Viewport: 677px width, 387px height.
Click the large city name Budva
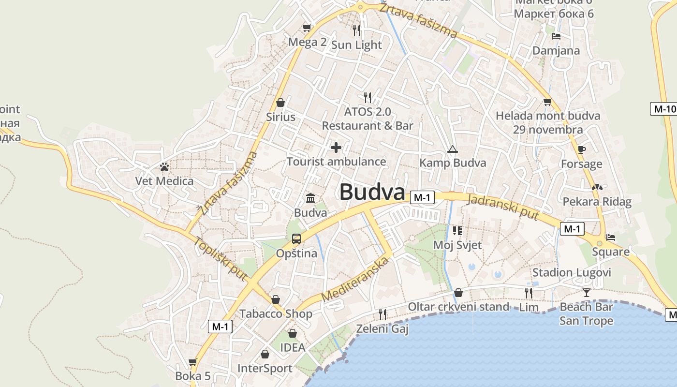tap(372, 192)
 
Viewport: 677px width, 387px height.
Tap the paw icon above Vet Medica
tap(164, 167)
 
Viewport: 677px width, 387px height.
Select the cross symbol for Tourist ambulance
tap(336, 148)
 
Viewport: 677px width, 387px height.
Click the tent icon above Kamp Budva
tap(452, 149)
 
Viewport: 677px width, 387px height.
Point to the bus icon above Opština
tap(296, 238)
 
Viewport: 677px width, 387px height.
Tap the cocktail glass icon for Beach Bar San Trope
tap(586, 292)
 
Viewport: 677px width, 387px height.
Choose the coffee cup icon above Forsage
tap(581, 149)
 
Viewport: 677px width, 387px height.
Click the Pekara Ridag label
tap(597, 202)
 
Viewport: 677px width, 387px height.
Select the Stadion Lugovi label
tap(572, 272)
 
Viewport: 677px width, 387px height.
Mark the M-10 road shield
tap(664, 109)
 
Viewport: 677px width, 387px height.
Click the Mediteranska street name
tap(355, 279)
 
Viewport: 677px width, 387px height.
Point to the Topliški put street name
tap(221, 258)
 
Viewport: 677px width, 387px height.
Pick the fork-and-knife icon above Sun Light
tap(356, 30)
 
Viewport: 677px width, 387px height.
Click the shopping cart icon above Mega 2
tap(307, 28)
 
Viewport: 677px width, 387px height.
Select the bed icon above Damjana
tap(556, 36)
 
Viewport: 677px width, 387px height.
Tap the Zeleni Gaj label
tap(382, 329)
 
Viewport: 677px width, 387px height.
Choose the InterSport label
tap(265, 369)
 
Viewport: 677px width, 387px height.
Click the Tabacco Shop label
tap(276, 313)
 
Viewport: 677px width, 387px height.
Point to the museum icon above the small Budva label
tap(310, 198)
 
